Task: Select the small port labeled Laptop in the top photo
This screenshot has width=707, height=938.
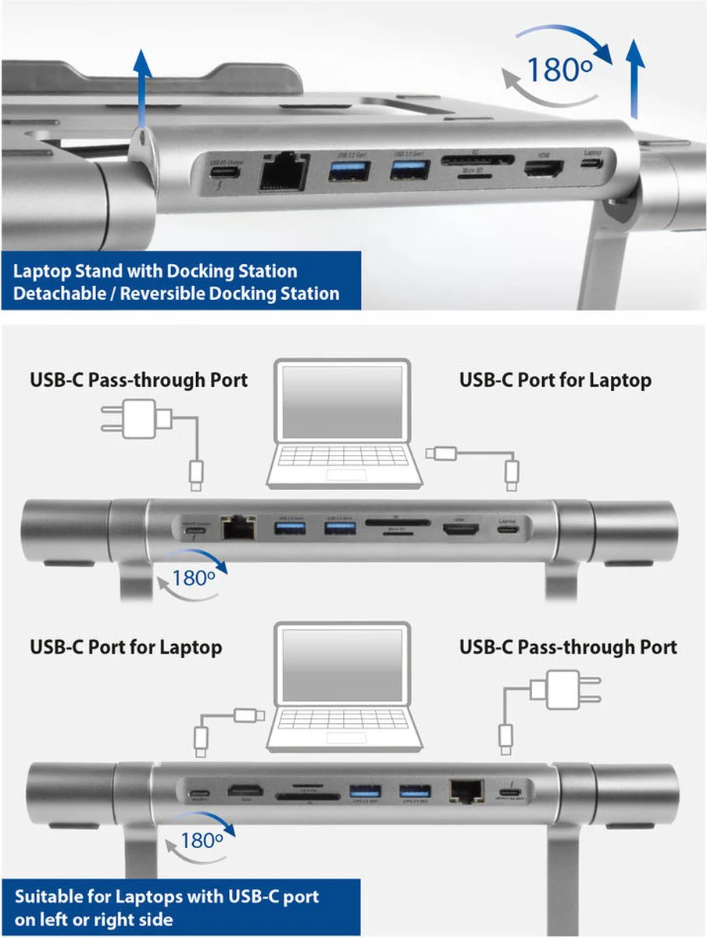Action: pyautogui.click(x=592, y=163)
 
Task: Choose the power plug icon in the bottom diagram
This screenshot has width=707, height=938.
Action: pyautogui.click(x=555, y=688)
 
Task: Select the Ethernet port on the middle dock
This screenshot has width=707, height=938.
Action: pyautogui.click(x=234, y=528)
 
